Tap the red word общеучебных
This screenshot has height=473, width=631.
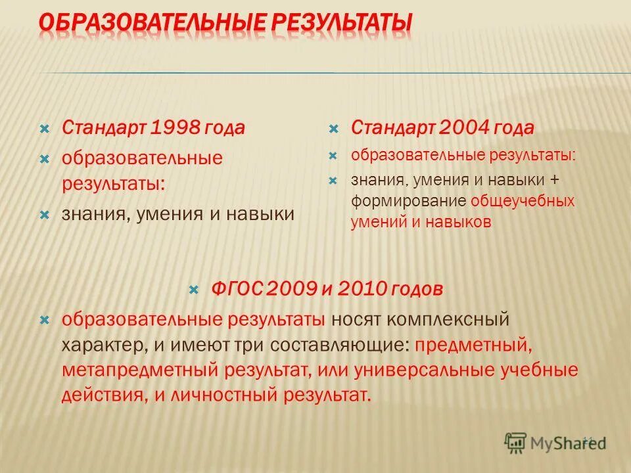(x=523, y=200)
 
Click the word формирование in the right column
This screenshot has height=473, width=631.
(x=408, y=200)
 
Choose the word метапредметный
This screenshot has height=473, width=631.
(x=139, y=370)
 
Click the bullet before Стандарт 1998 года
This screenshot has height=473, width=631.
(x=45, y=127)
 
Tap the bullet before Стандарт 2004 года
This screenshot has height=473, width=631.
(x=333, y=127)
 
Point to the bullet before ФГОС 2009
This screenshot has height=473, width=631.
(x=193, y=288)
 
